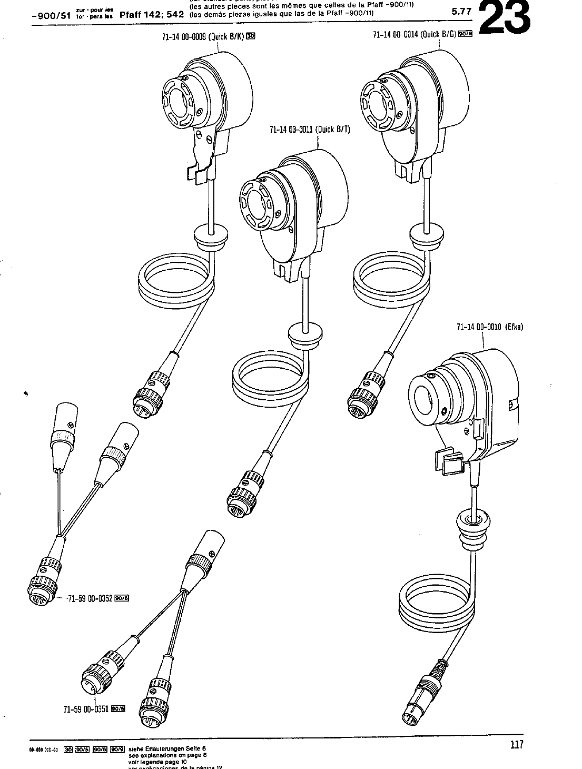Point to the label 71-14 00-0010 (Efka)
489,327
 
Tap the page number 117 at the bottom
516,744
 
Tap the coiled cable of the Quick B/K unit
176,281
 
